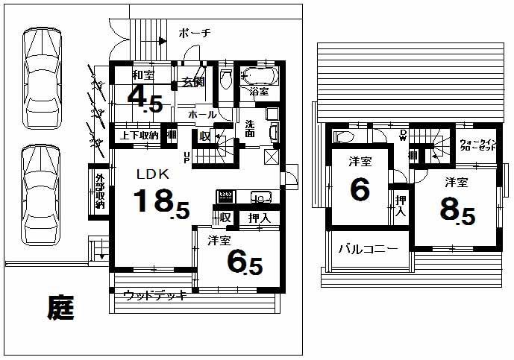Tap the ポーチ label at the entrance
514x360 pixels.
pyautogui.click(x=195, y=33)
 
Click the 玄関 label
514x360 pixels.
pyautogui.click(x=192, y=81)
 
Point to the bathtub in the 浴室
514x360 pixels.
pyautogui.click(x=258, y=76)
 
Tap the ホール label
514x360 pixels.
pyautogui.click(x=202, y=115)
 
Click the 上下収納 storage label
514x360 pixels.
pyautogui.click(x=140, y=136)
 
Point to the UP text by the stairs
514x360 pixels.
pyautogui.click(x=187, y=157)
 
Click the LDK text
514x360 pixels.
pyautogui.click(x=153, y=174)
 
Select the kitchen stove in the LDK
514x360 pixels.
pyautogui.click(x=225, y=197)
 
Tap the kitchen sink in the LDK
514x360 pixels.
pyautogui.click(x=260, y=198)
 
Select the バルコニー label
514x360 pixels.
pyautogui.click(x=369, y=248)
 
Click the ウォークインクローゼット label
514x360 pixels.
pyautogui.click(x=478, y=145)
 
